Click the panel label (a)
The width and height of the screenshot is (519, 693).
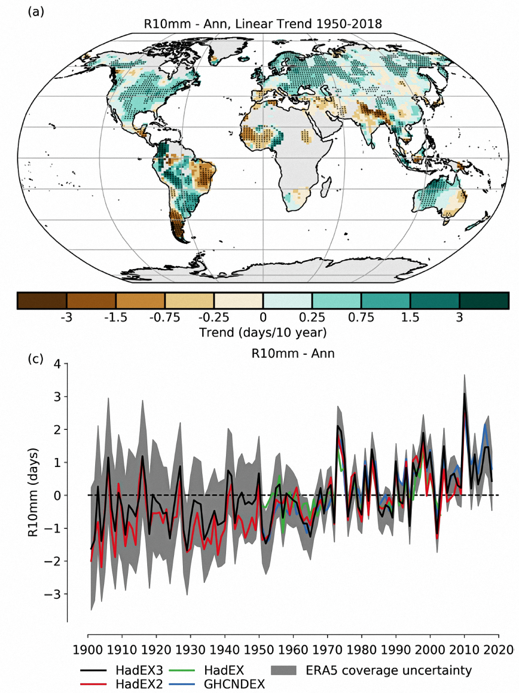click(x=36, y=11)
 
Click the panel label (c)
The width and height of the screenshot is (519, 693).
click(x=35, y=358)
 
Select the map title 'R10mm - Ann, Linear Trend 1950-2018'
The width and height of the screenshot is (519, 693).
click(x=263, y=24)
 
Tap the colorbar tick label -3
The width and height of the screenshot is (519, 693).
click(x=66, y=317)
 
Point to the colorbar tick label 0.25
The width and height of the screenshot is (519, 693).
click(x=312, y=317)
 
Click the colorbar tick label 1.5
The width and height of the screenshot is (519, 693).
click(x=410, y=317)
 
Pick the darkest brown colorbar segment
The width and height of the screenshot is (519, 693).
click(x=42, y=300)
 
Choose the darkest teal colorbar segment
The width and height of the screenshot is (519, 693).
click(x=484, y=300)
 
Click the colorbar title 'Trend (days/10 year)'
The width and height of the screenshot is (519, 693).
click(x=263, y=332)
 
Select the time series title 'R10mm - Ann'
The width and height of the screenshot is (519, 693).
click(x=293, y=353)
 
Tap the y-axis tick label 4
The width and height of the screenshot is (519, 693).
click(x=57, y=364)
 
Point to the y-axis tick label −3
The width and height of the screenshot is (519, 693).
click(x=53, y=594)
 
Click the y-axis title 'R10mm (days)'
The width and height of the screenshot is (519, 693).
click(x=33, y=492)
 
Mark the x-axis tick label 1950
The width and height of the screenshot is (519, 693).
click(x=259, y=649)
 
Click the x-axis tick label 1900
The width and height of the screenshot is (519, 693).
click(x=88, y=649)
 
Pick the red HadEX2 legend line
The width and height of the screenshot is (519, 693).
click(x=93, y=684)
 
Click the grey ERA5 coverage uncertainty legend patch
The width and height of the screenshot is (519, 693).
click(x=284, y=670)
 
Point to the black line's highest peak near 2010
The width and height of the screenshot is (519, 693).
click(x=464, y=394)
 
